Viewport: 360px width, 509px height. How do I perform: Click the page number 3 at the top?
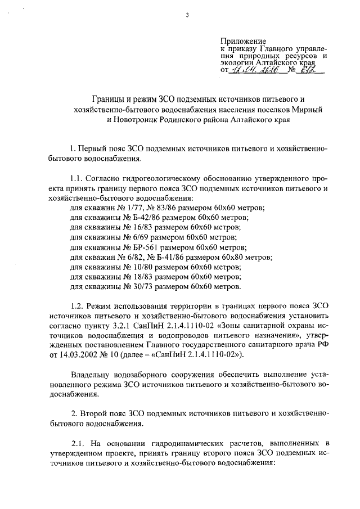coord(187,15)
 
